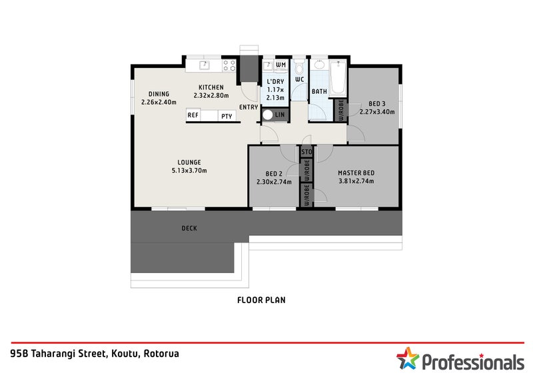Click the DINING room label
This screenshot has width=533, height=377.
pyautogui.click(x=159, y=94)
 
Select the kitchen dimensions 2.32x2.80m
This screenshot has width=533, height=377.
pyautogui.click(x=211, y=95)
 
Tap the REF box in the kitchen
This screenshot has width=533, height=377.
pyautogui.click(x=193, y=116)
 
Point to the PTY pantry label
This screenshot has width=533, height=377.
pyautogui.click(x=227, y=116)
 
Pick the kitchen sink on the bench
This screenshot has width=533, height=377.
pyautogui.click(x=205, y=65)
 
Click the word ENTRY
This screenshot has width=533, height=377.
pyautogui.click(x=249, y=107)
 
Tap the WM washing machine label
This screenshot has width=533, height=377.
pyautogui.click(x=280, y=65)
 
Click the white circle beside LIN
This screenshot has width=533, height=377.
pyautogui.click(x=268, y=115)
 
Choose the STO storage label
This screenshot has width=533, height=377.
pyautogui.click(x=306, y=152)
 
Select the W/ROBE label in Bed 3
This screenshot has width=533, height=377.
pyautogui.click(x=340, y=110)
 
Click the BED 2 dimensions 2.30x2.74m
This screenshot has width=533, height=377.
pyautogui.click(x=274, y=181)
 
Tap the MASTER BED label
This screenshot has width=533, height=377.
pyautogui.click(x=356, y=172)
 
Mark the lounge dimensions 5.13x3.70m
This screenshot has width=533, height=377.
pyautogui.click(x=189, y=171)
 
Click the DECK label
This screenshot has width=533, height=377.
pyautogui.click(x=189, y=228)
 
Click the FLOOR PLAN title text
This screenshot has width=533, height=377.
pyautogui.click(x=261, y=300)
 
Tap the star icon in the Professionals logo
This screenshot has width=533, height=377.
pyautogui.click(x=406, y=358)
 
